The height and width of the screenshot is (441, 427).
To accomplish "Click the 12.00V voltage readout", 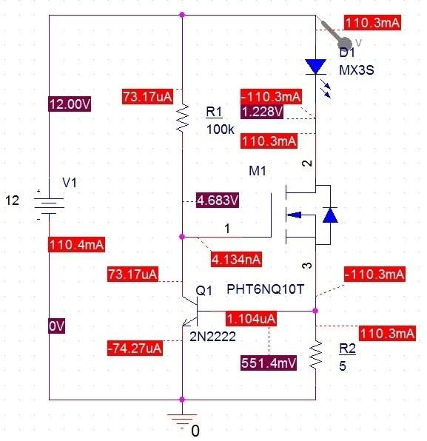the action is tap(70, 104).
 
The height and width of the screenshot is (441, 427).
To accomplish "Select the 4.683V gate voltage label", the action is tap(218, 201).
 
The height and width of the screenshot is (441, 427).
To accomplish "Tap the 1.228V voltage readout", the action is tap(262, 112).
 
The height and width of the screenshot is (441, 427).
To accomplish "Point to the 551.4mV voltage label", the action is tap(269, 363).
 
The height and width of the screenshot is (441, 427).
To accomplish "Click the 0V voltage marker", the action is tap(56, 326).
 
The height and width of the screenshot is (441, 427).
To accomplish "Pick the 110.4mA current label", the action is tap(76, 244).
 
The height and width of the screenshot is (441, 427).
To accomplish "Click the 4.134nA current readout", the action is tap(236, 259).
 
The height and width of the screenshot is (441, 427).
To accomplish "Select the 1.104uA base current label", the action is tap(251, 319).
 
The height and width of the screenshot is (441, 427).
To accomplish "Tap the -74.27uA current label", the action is tap(135, 349).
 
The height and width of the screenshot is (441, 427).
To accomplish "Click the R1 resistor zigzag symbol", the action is tap(182, 118).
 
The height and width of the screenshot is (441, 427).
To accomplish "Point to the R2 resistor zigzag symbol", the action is tap(315, 354).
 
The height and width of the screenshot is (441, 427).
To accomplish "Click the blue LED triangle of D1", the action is tap(316, 67).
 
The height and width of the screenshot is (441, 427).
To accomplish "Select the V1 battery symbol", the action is tap(49, 206).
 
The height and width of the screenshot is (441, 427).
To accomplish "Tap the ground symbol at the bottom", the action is tap(182, 419).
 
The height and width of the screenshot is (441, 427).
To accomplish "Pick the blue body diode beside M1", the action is tap(330, 215).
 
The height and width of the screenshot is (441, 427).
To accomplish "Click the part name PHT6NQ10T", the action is tap(265, 289).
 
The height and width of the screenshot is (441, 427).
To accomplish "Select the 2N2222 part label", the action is tap(212, 337).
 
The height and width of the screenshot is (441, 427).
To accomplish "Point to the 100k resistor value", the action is tap(221, 129).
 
